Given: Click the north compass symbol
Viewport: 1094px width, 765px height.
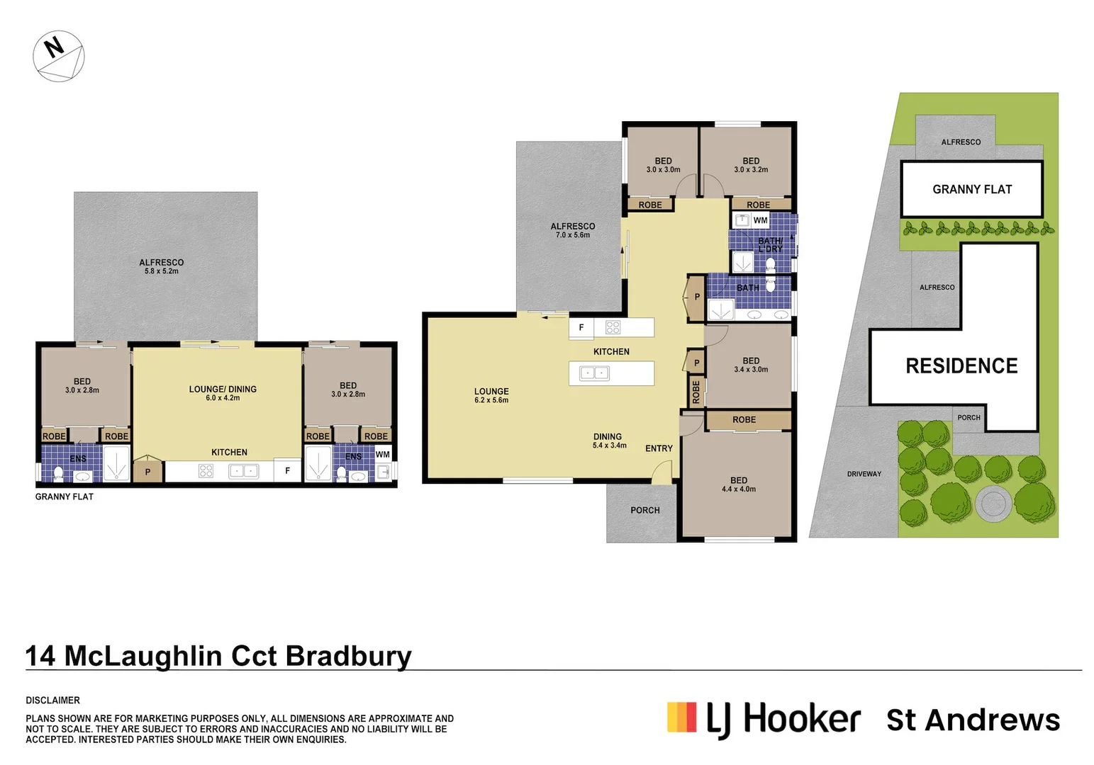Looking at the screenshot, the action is tap(59, 56).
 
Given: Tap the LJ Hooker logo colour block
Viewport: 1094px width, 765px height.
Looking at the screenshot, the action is tap(682, 717).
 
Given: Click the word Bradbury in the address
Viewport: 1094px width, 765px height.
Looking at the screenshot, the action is tap(348, 656).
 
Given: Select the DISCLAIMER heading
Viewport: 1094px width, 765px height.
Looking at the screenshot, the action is tap(52, 700).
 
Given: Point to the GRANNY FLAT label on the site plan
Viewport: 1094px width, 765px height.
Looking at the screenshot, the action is tap(972, 189).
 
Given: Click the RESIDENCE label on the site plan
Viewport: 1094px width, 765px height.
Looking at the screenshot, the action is tap(961, 366).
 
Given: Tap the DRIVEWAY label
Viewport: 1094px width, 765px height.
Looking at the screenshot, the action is tap(864, 474).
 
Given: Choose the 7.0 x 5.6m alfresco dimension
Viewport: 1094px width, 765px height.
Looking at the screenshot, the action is tap(573, 234).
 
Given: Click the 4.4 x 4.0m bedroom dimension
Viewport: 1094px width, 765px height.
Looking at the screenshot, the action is tap(739, 489).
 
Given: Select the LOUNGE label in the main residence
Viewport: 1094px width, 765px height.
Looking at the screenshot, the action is tap(491, 391).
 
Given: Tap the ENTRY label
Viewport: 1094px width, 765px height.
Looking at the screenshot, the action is tap(659, 448).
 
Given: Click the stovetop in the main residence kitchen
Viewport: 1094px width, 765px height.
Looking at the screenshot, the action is tap(613, 327).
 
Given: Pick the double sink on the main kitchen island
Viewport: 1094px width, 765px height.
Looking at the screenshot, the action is tap(594, 373).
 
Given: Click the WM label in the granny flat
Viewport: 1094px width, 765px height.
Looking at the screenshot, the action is tap(382, 454).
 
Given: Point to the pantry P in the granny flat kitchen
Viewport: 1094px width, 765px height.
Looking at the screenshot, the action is tap(147, 472).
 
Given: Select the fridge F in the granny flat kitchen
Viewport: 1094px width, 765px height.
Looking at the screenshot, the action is tap(287, 470).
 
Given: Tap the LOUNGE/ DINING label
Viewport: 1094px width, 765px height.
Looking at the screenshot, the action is tap(223, 389).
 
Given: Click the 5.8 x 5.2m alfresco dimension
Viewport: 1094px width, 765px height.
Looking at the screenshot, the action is tap(161, 271).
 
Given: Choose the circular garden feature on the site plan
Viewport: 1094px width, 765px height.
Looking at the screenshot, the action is tap(993, 504).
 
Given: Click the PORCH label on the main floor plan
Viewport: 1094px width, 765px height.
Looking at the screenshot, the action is tap(644, 510).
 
